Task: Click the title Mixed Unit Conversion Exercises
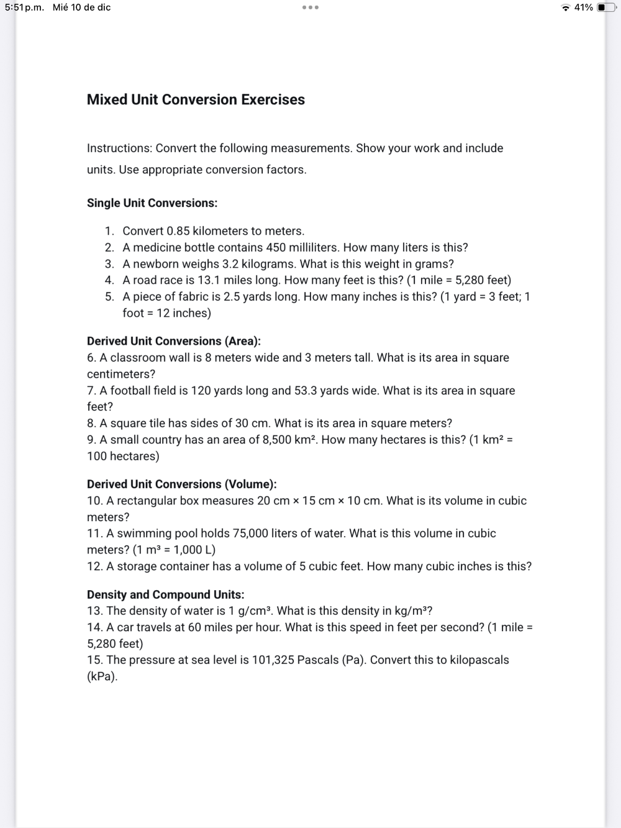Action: point(196,99)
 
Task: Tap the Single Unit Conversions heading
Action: point(152,203)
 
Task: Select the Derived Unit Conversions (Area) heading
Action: point(174,341)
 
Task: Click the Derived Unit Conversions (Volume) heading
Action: point(182,484)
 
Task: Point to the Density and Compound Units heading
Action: point(166,594)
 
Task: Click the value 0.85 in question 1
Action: point(178,231)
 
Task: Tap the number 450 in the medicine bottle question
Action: point(276,247)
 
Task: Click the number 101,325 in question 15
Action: point(273,660)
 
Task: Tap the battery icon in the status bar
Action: point(606,7)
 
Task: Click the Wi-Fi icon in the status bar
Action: point(565,7)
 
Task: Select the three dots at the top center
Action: point(310,7)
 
